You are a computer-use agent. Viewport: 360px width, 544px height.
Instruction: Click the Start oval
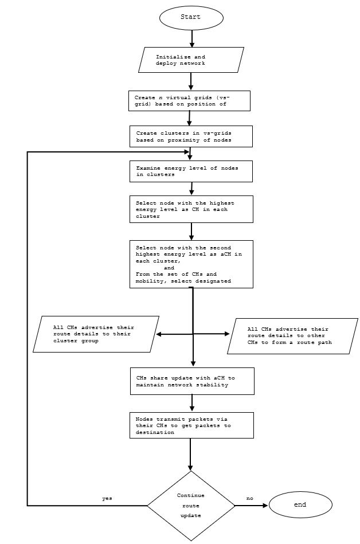[x=191, y=17]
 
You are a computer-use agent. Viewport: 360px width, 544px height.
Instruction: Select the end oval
[x=300, y=505]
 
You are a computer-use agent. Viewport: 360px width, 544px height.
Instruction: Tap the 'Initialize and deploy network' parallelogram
[x=191, y=60]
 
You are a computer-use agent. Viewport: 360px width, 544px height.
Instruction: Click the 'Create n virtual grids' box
[x=190, y=100]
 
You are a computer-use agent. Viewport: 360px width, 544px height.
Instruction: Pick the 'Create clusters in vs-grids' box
[x=190, y=136]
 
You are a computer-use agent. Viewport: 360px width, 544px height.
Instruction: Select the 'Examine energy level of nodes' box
[x=191, y=171]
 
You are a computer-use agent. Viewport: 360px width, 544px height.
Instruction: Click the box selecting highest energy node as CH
[x=191, y=209]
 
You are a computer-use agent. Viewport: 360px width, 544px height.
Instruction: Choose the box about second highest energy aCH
[x=191, y=264]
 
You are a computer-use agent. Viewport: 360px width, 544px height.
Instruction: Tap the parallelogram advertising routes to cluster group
[x=95, y=334]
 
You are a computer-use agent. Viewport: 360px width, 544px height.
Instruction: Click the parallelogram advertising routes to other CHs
[x=292, y=336]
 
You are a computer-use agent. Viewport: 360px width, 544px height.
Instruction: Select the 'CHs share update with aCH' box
[x=192, y=381]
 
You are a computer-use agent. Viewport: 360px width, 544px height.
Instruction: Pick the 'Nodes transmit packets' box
[x=191, y=425]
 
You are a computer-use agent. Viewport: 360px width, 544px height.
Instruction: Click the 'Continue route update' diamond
[x=191, y=506]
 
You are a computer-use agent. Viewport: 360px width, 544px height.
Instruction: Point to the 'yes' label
[x=107, y=499]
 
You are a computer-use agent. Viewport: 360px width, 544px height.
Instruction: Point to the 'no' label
[x=249, y=499]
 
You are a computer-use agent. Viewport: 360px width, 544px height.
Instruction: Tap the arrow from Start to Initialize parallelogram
[x=191, y=38]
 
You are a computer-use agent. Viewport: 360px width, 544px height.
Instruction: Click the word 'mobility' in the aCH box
[x=149, y=281]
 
